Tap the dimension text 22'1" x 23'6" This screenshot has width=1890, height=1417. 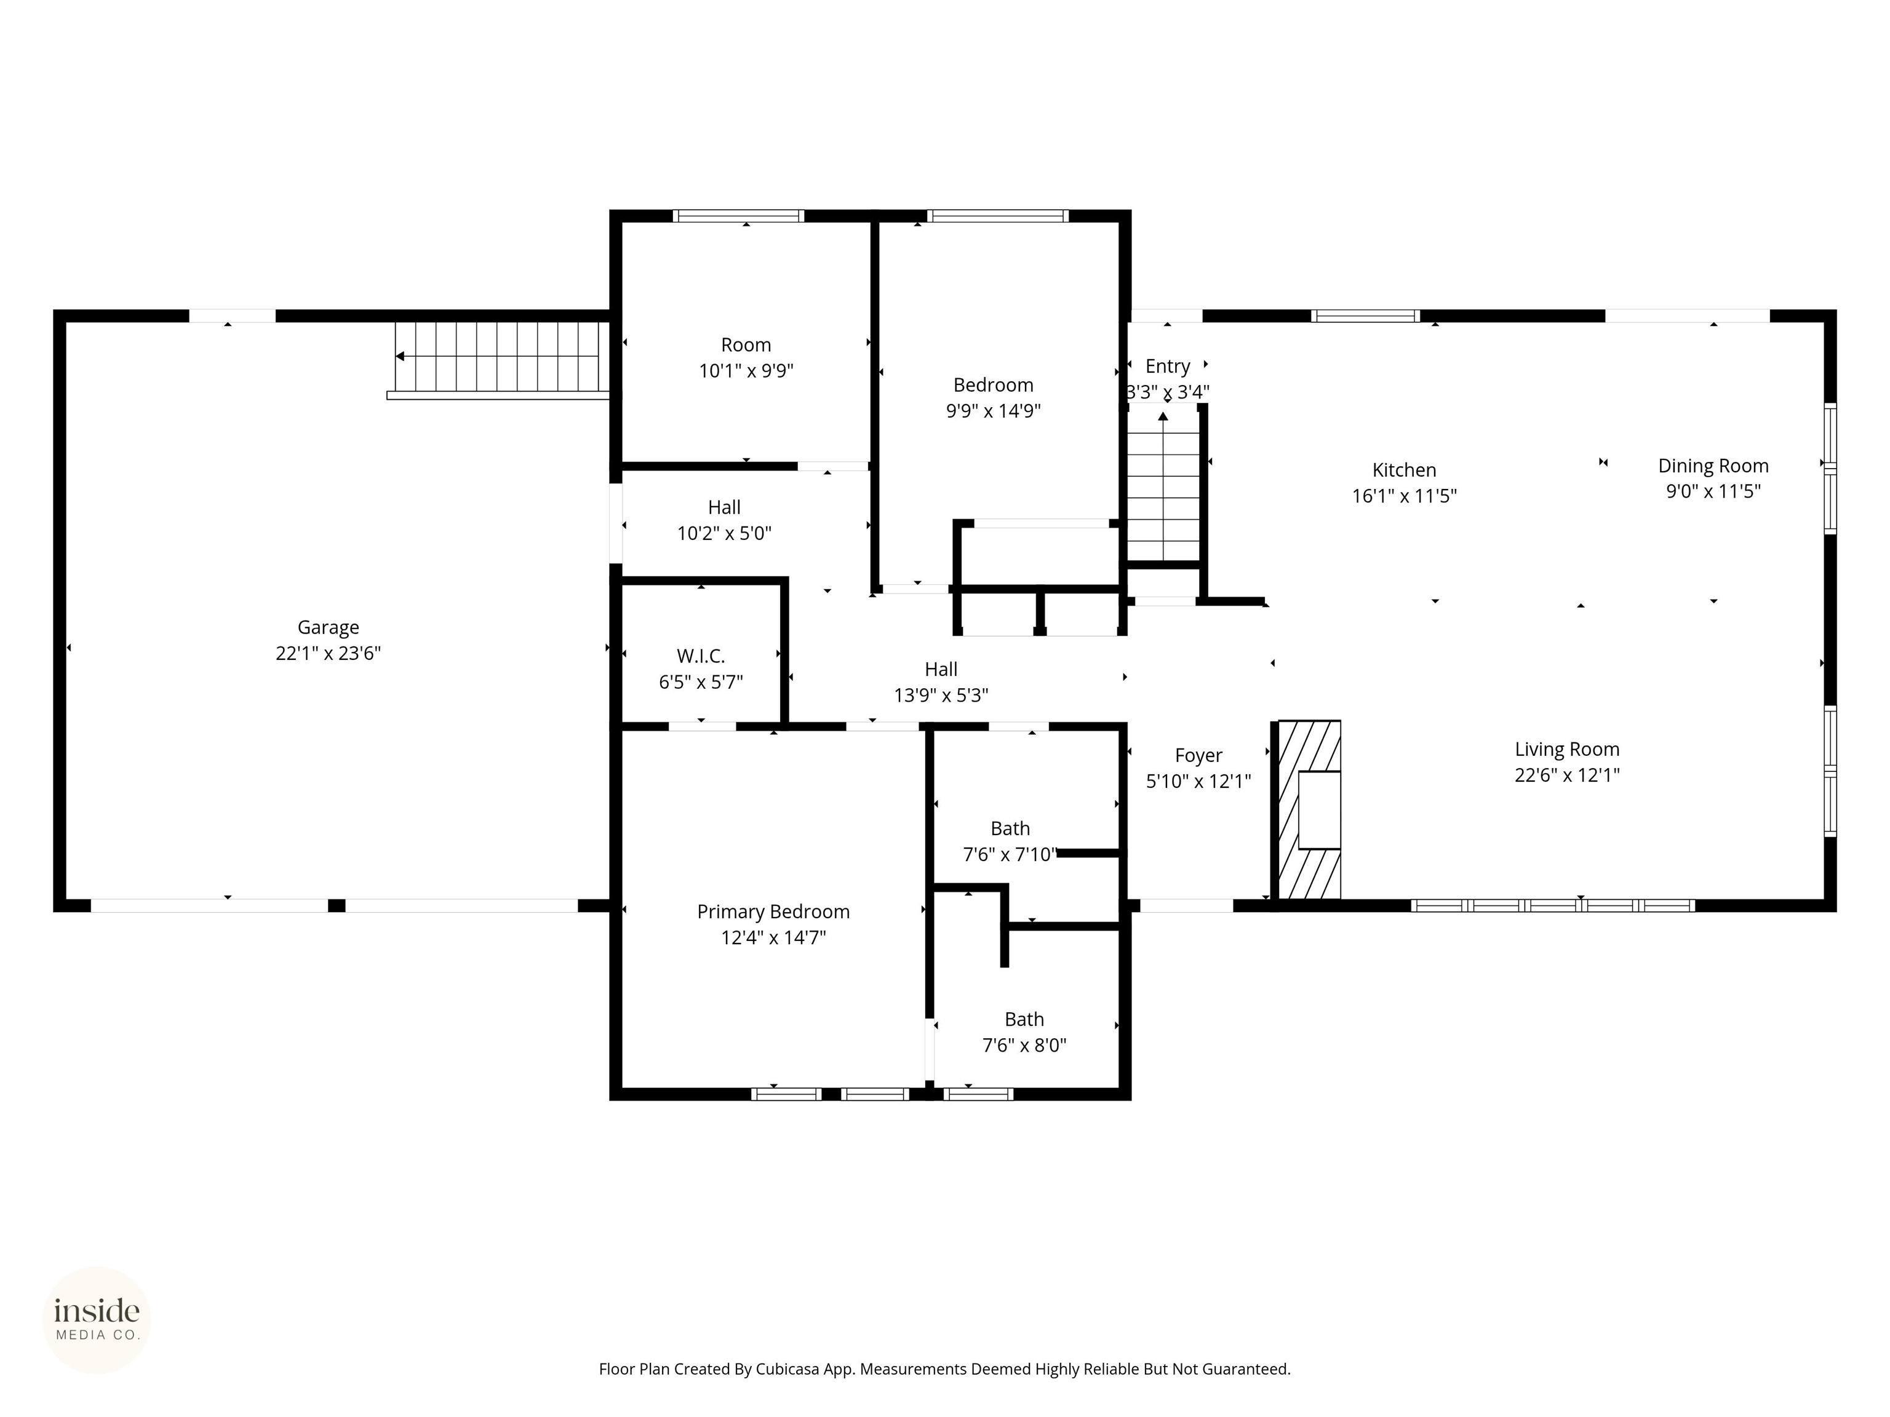(x=328, y=653)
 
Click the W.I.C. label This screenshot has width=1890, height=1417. (x=701, y=656)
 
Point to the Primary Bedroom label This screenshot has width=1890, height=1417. (x=773, y=911)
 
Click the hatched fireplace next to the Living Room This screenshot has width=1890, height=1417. (x=1307, y=810)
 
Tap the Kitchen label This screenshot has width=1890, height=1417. (x=1404, y=470)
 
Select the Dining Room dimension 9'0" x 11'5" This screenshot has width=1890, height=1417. (x=1713, y=491)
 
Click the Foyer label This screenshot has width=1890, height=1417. (x=1198, y=755)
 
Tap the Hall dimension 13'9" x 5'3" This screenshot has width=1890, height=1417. (x=941, y=695)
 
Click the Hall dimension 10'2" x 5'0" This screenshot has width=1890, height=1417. (x=725, y=534)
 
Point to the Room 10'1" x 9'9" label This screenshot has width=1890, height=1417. (x=746, y=345)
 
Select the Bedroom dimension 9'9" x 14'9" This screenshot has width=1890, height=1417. (x=993, y=411)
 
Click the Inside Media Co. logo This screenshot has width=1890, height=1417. (x=97, y=1320)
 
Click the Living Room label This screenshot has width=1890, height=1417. (x=1567, y=749)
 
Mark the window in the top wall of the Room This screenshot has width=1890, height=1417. (x=738, y=216)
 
